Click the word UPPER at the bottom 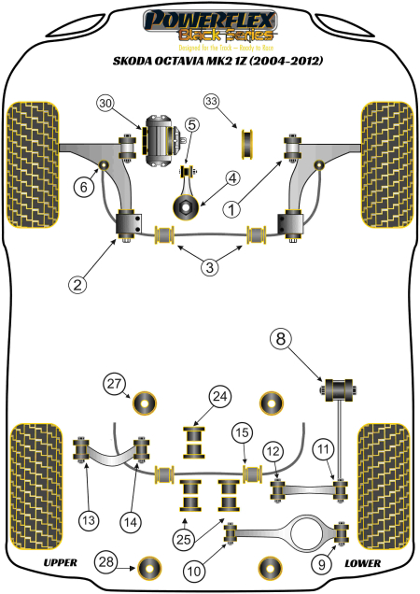tap(60, 563)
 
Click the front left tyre tap(33, 163)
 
